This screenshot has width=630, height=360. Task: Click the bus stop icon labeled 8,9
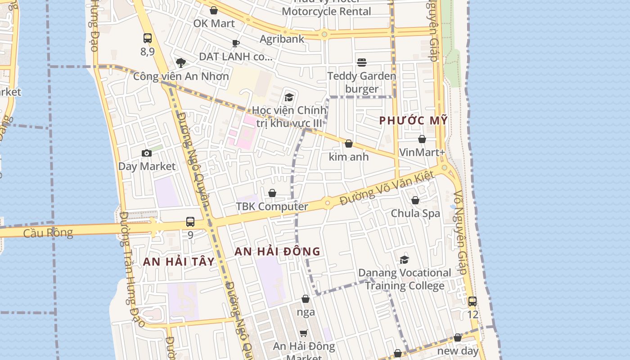click(x=148, y=38)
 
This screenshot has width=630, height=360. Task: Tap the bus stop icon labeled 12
click(x=472, y=301)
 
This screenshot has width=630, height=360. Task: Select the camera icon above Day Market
click(x=146, y=153)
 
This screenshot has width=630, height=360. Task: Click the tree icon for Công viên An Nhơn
click(x=181, y=63)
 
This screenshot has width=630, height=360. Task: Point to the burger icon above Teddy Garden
click(x=362, y=62)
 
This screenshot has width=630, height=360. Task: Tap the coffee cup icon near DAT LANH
click(x=235, y=43)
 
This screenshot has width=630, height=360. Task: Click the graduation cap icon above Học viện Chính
click(x=289, y=97)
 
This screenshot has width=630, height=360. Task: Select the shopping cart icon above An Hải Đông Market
click(x=304, y=333)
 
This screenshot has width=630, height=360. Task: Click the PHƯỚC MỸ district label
click(x=413, y=121)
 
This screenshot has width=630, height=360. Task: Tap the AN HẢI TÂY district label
click(x=179, y=261)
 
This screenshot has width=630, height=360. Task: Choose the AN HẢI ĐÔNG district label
click(x=277, y=252)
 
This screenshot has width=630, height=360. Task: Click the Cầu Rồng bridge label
click(x=48, y=233)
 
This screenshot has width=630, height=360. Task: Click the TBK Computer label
click(x=272, y=207)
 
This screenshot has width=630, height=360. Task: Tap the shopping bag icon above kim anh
click(x=348, y=144)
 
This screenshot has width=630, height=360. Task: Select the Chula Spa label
click(x=415, y=213)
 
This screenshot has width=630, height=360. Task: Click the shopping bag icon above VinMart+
click(x=422, y=139)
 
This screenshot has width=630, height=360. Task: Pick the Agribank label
click(x=282, y=39)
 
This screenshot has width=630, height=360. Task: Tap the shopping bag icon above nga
click(x=306, y=299)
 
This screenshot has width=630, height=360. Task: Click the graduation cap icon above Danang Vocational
click(x=404, y=260)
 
